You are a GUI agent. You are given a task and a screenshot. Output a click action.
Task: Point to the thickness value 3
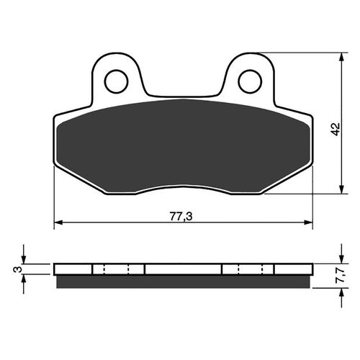coord(15,269)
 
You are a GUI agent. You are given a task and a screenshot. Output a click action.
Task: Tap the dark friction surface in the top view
coord(184,148)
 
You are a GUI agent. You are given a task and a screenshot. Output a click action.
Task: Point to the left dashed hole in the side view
coord(116,269)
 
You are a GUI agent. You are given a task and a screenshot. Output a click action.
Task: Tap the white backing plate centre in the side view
coord(184,269)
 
